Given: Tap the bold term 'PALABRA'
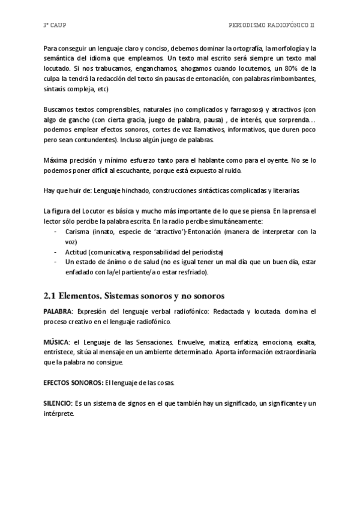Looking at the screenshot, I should point(57,313).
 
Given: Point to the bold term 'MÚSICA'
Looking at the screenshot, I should point(56,342).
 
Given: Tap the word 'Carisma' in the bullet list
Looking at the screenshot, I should point(78,231).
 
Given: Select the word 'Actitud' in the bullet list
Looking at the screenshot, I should point(77,251).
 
